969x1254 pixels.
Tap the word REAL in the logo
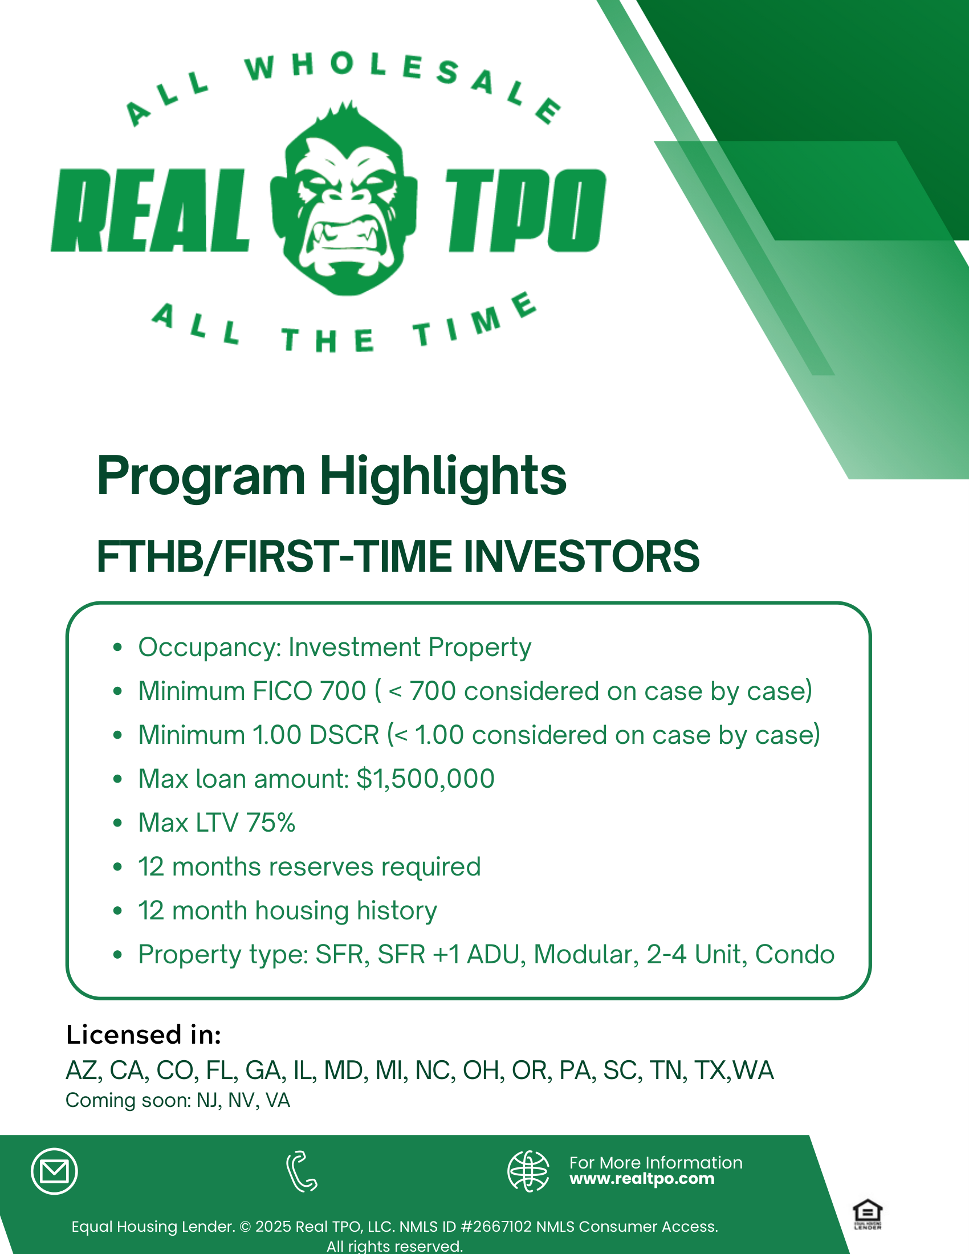coord(150,210)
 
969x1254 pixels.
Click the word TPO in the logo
coord(527,210)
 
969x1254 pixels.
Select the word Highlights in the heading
coord(442,476)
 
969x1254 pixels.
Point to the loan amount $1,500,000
coord(425,779)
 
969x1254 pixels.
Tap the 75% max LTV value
coord(271,823)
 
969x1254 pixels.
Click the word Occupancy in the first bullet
coord(207,648)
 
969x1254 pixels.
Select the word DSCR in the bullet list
coord(344,735)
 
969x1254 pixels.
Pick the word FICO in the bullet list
coord(280,691)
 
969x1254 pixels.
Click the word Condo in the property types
coord(795,954)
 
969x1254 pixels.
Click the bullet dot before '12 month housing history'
coord(117,911)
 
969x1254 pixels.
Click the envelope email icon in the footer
coord(55,1171)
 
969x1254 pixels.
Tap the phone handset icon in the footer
coord(302,1171)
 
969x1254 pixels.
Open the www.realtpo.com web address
coord(642,1179)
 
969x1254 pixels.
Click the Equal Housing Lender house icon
coord(868,1214)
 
